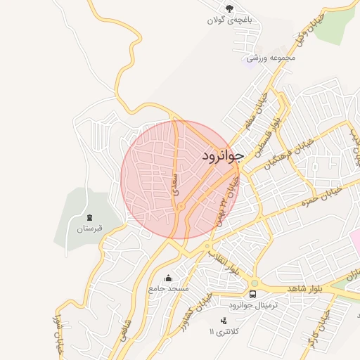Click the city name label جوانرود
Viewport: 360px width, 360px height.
222,155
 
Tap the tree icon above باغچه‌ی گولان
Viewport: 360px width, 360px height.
230,8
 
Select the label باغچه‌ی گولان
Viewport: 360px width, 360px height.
229,20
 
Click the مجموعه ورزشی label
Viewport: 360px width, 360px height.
271,57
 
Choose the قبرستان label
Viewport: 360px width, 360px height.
89,229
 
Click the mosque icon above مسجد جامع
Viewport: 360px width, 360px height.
168,277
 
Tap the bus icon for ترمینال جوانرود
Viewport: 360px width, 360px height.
252,293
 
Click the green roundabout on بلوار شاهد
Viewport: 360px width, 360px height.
254,283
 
